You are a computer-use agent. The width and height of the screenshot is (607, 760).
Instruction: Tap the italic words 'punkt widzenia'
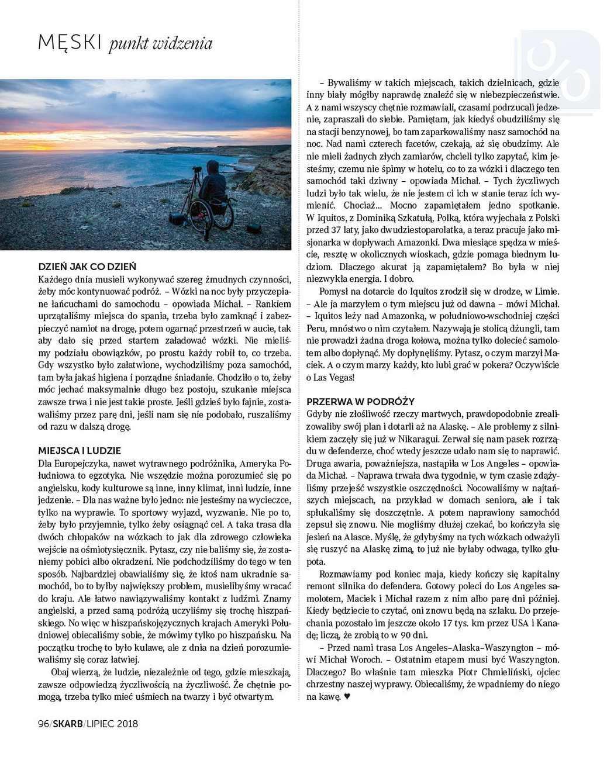coord(160,44)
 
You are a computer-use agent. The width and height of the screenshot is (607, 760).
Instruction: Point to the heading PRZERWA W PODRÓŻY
coord(360,402)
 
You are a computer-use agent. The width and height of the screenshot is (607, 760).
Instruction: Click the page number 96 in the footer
coord(43,724)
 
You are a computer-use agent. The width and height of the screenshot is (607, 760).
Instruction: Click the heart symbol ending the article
coord(347,697)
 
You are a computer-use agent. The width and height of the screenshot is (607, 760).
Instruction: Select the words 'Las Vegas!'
coord(334,377)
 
